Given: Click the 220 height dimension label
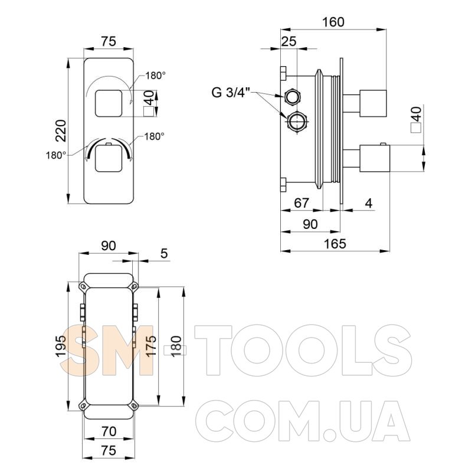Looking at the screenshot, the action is (x=61, y=130).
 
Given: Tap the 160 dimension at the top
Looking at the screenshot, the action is (x=333, y=22).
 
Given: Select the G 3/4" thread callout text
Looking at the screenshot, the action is (x=231, y=93).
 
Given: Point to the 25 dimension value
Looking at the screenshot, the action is (x=289, y=41).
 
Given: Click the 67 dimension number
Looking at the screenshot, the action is (x=301, y=203).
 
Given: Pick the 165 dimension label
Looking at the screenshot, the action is (x=335, y=244).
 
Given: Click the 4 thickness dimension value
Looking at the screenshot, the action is (x=368, y=203).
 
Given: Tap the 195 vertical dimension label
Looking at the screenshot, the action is (x=61, y=346).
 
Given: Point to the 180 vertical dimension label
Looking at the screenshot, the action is (x=176, y=346).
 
